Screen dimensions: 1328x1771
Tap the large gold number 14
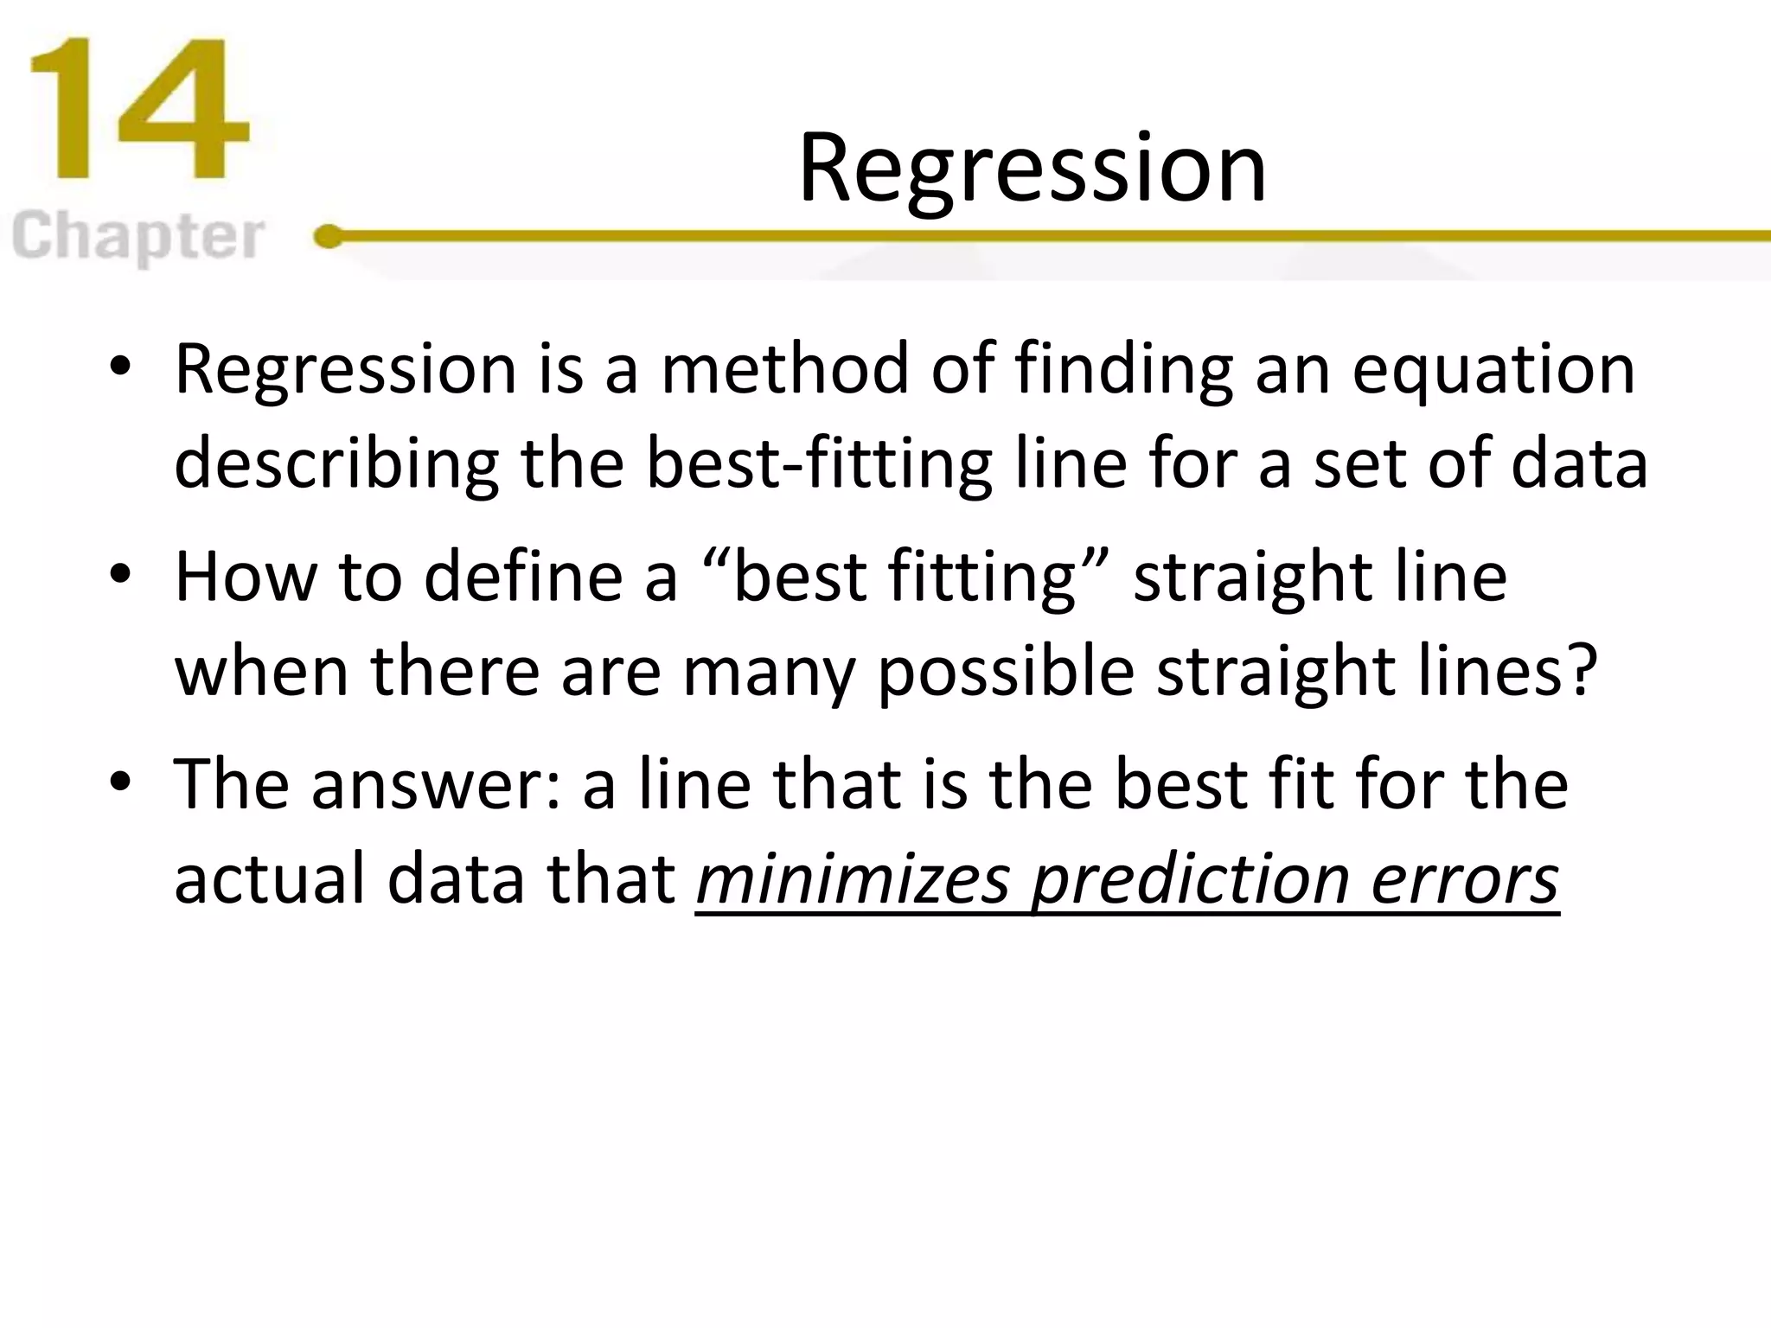point(138,109)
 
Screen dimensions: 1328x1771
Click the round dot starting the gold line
point(328,236)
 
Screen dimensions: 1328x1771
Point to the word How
point(246,577)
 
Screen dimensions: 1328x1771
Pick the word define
point(523,577)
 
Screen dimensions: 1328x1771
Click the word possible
point(1007,673)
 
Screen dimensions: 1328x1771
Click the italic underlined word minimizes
point(853,880)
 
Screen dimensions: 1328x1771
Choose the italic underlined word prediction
point(1191,880)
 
